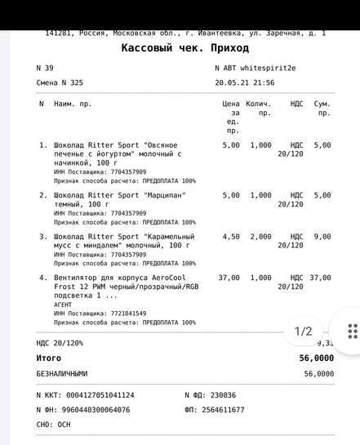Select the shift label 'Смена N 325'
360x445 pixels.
pos(60,82)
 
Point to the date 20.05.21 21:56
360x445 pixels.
pos(244,82)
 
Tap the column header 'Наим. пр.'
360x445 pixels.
pos(73,105)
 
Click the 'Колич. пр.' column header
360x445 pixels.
pos(258,109)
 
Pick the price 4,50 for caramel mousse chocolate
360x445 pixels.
pos(231,237)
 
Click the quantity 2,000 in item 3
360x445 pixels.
pos(260,237)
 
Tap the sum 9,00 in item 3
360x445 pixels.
pos(322,237)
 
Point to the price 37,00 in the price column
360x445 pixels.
pos(229,278)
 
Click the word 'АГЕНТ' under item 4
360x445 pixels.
pos(63,304)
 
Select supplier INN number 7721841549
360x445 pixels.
pos(122,314)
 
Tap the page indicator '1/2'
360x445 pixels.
pos(304,331)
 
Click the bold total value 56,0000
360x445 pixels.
pos(317,358)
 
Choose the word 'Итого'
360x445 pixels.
pos(48,358)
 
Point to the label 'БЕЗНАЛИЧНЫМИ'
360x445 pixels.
pos(61,374)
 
